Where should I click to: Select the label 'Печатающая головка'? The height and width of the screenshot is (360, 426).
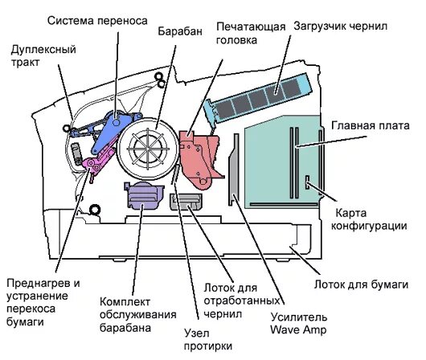(x=250, y=33)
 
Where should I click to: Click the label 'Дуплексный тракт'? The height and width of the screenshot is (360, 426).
(x=43, y=55)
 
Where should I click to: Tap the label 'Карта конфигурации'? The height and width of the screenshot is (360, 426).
(x=370, y=220)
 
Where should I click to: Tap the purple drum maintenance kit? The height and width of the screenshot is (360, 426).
(x=139, y=195)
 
